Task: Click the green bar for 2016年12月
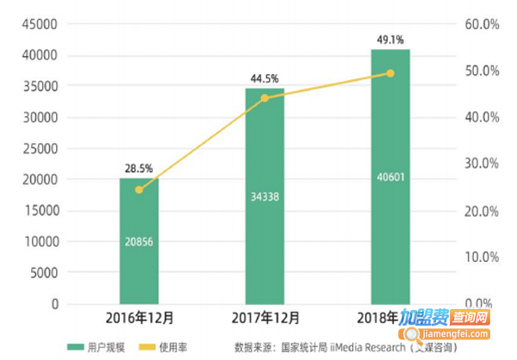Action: (139, 241)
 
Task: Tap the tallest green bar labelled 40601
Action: (390, 177)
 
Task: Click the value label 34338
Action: (265, 196)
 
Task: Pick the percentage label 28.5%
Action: (139, 167)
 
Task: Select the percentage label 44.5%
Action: (265, 78)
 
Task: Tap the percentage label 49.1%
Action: (390, 39)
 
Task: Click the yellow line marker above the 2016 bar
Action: (139, 189)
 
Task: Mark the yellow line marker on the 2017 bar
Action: (265, 97)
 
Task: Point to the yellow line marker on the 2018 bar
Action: (390, 73)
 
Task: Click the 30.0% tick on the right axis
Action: (482, 164)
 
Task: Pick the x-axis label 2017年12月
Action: (265, 319)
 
